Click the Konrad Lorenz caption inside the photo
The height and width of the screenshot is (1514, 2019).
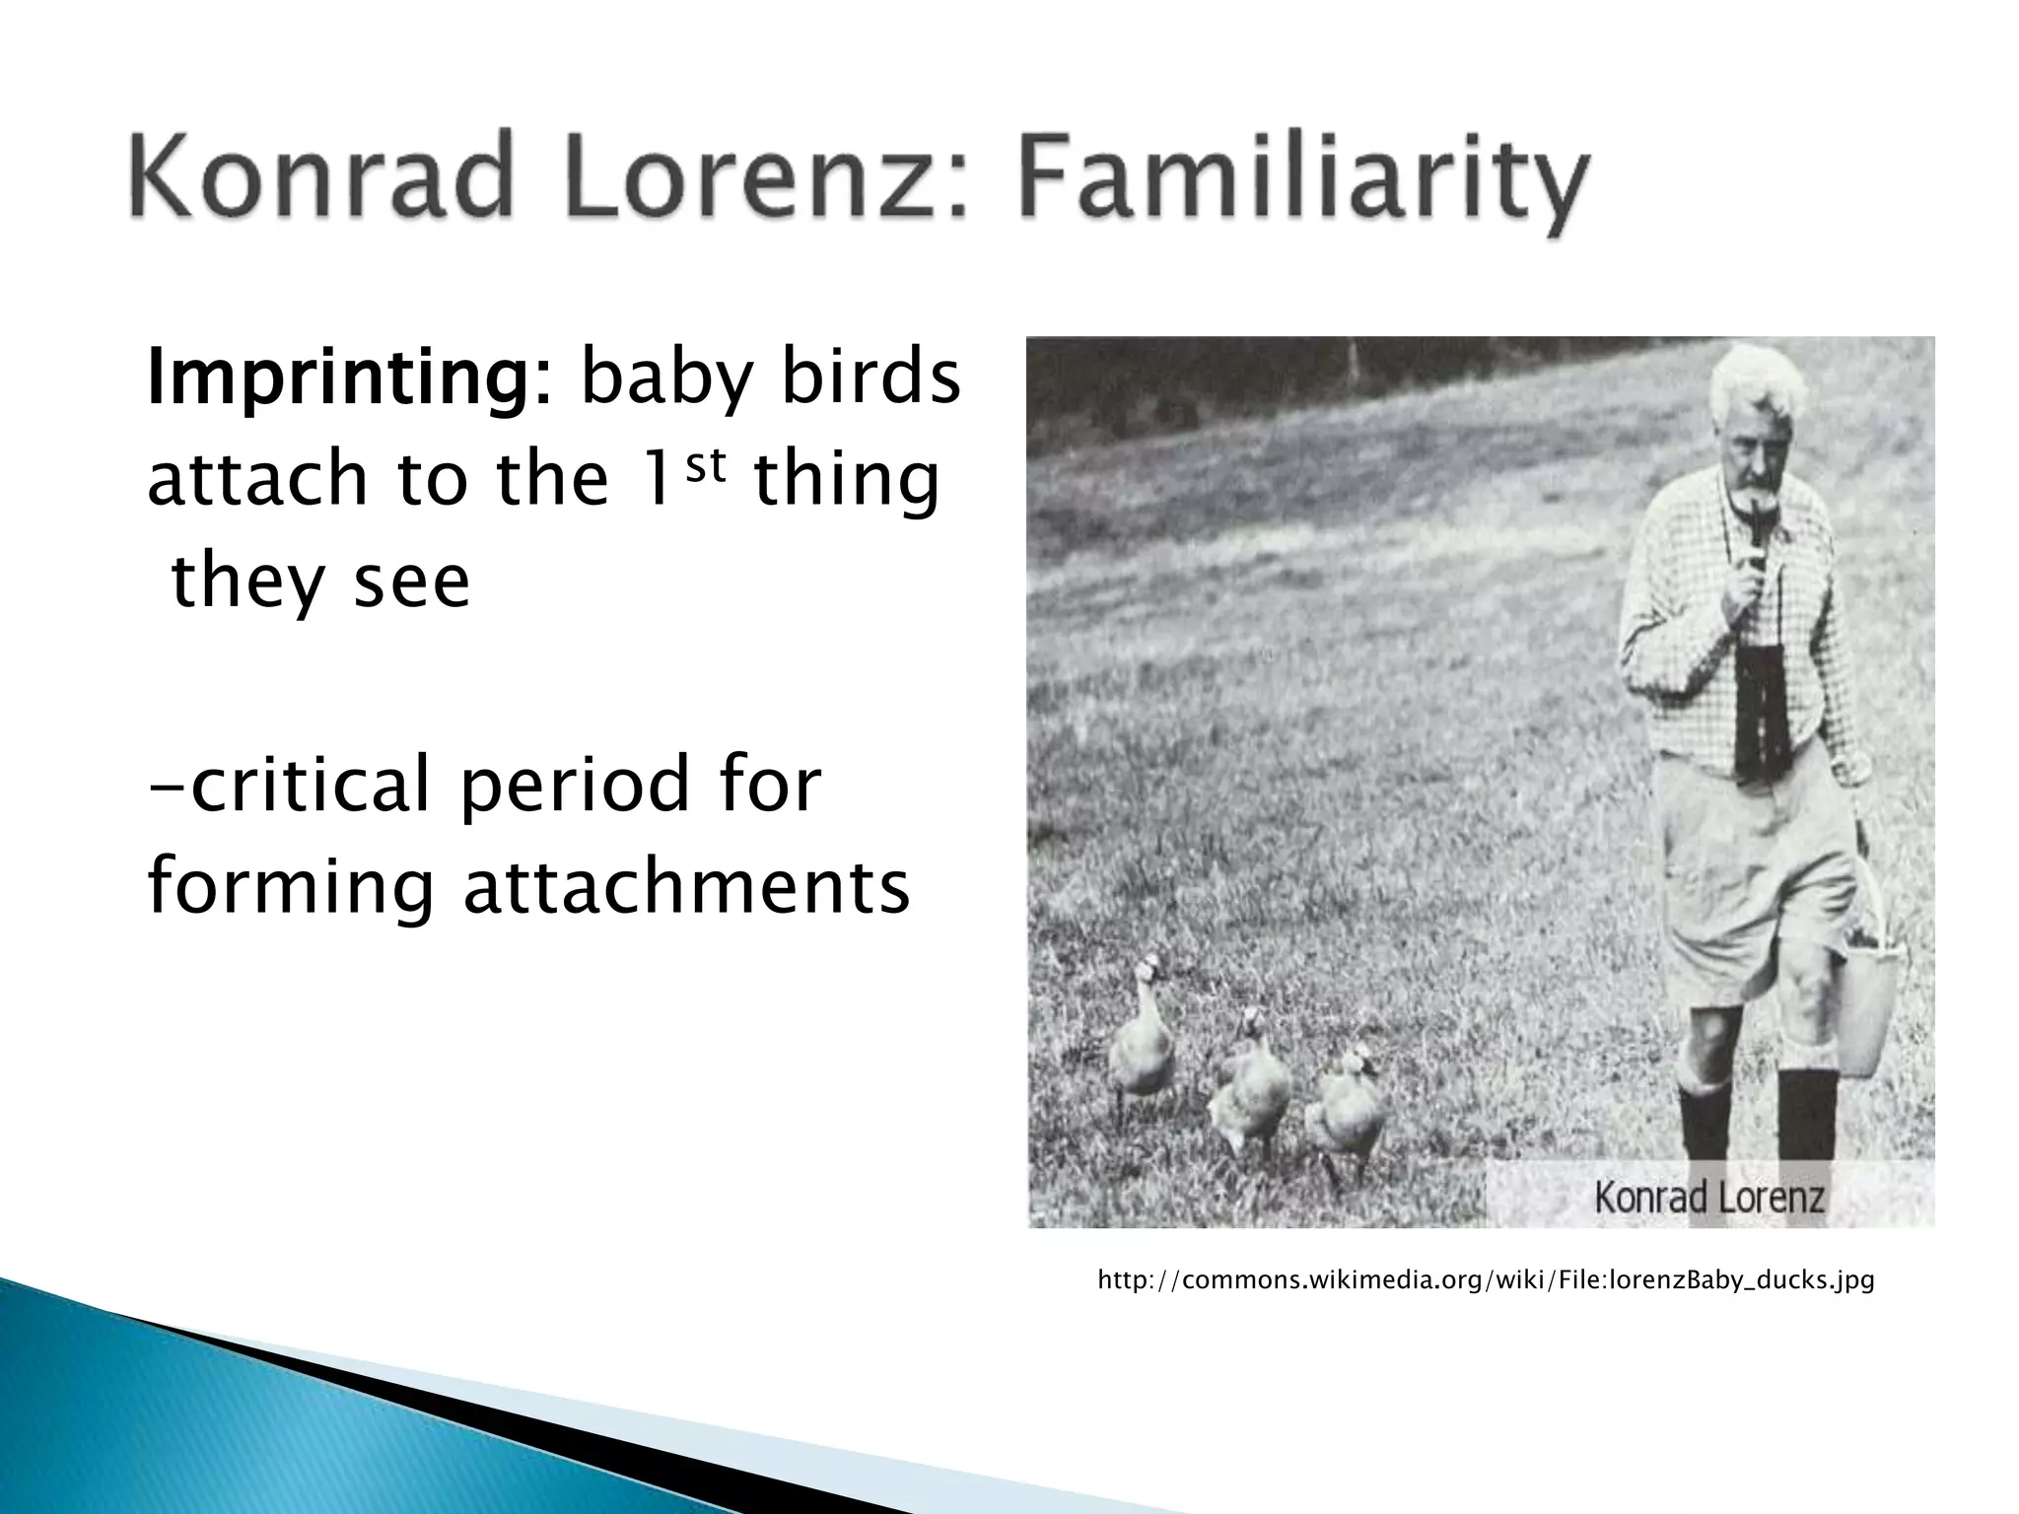pyautogui.click(x=1709, y=1198)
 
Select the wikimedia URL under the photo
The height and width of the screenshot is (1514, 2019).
pyautogui.click(x=1486, y=1281)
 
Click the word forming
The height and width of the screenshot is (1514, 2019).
pyautogui.click(x=291, y=887)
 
